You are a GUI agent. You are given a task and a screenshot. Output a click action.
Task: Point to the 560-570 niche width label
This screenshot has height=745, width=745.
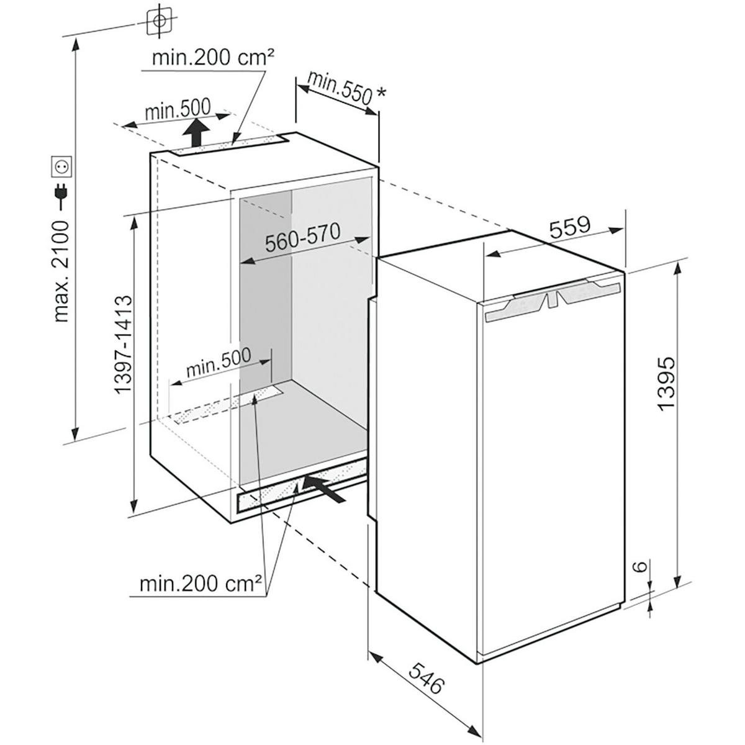302,239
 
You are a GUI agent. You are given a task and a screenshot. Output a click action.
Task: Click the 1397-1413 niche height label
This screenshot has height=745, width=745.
124,344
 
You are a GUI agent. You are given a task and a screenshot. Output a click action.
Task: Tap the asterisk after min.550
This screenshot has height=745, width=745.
381,93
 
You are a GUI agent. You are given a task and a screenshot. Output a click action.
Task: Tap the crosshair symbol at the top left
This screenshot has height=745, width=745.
160,21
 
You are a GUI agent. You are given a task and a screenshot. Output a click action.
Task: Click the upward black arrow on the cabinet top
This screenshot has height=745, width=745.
196,133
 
